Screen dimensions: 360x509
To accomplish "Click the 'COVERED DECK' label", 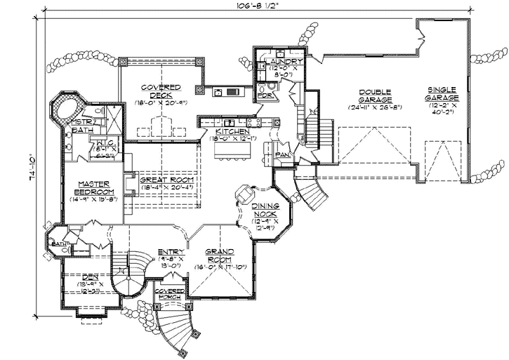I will pos(161,91).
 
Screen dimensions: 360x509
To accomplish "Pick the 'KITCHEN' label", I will pos(231,131).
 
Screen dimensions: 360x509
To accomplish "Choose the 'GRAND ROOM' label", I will pos(220,255).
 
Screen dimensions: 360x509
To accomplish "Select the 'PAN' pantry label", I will pos(283,154).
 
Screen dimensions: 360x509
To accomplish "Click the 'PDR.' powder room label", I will pos(265,94).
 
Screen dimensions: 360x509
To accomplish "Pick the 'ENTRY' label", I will pos(171,251).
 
